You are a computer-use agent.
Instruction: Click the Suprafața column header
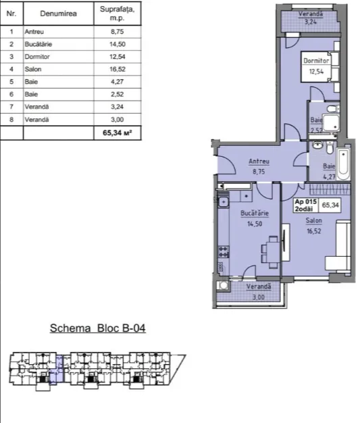point(118,14)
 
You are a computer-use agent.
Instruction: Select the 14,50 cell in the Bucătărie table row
point(118,44)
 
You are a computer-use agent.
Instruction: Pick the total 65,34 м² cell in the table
point(118,132)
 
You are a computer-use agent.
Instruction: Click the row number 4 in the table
point(11,70)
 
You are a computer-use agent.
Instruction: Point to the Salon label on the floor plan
point(313,221)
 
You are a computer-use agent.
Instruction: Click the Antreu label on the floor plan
point(259,161)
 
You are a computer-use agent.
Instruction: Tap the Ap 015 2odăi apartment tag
point(306,205)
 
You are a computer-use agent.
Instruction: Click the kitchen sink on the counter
point(224,202)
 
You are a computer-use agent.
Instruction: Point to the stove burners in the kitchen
point(224,251)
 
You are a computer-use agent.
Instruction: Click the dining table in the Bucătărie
point(273,252)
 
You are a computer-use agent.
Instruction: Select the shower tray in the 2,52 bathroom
point(331,123)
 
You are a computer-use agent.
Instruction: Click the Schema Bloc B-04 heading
point(98,328)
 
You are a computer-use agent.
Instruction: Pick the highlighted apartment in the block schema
point(57,370)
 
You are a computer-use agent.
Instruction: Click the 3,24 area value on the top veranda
point(311,22)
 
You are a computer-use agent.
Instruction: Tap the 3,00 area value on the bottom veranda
point(258,297)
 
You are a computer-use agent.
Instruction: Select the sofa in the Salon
point(338,245)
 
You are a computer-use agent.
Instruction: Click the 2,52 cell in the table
point(118,95)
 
